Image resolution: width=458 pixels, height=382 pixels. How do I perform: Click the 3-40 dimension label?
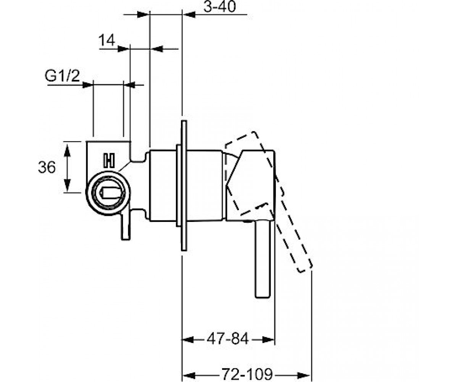point(219,6)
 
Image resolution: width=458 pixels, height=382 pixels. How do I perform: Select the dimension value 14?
point(107,40)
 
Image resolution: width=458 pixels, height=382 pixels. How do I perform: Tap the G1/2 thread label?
point(62,76)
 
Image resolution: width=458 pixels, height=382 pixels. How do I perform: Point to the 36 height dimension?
point(47,167)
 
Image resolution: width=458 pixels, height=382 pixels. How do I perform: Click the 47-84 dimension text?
point(228,338)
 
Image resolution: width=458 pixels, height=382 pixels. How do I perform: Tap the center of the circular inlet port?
point(108,193)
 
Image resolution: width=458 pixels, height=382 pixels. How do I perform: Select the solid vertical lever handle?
point(263,259)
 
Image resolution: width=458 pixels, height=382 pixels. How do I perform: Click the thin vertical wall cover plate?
point(184,186)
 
